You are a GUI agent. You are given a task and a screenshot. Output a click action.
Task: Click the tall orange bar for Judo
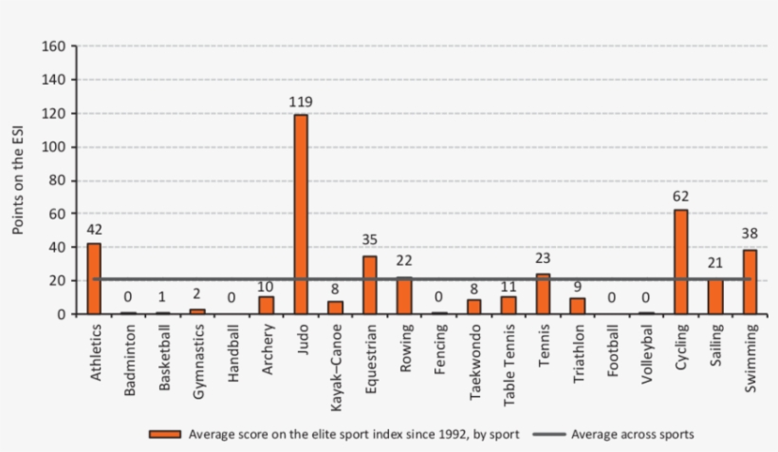(301, 214)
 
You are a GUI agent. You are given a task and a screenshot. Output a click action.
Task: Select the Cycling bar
(680, 261)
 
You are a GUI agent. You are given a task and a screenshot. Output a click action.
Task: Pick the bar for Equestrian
(370, 284)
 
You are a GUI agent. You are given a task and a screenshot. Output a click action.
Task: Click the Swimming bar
(750, 281)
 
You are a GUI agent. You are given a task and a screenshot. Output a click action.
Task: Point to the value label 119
(301, 102)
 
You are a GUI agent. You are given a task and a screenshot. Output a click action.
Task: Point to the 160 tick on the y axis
(52, 47)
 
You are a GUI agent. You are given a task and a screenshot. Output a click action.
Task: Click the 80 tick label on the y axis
(56, 180)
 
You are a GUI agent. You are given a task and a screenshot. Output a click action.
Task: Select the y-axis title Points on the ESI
(18, 180)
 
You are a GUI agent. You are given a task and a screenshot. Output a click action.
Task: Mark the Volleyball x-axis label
(646, 350)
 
